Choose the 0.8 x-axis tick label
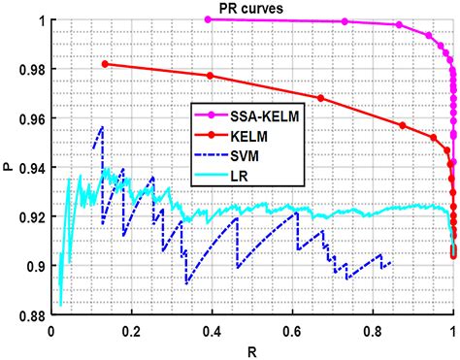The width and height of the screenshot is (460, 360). click(373, 331)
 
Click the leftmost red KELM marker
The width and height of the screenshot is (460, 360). click(105, 64)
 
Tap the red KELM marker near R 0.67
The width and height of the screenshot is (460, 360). click(321, 98)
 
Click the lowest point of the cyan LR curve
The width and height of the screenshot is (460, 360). click(59, 304)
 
